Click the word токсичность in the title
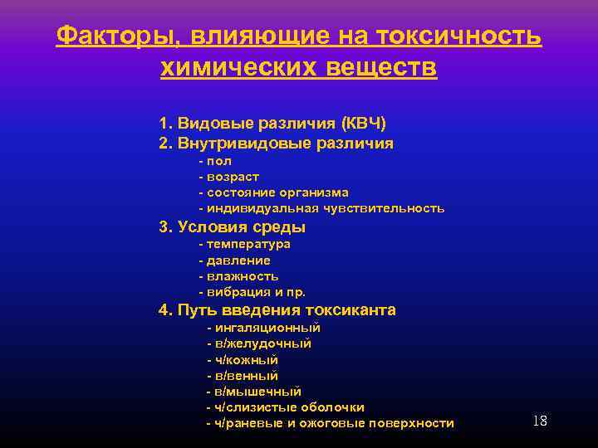click(460, 37)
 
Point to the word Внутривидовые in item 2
click(242, 144)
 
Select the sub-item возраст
click(233, 177)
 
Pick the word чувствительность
click(388, 208)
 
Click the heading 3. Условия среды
click(233, 227)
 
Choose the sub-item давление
click(238, 261)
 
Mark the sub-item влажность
click(242, 276)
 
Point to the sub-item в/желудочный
click(262, 343)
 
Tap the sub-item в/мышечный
click(257, 392)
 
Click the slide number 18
click(539, 421)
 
